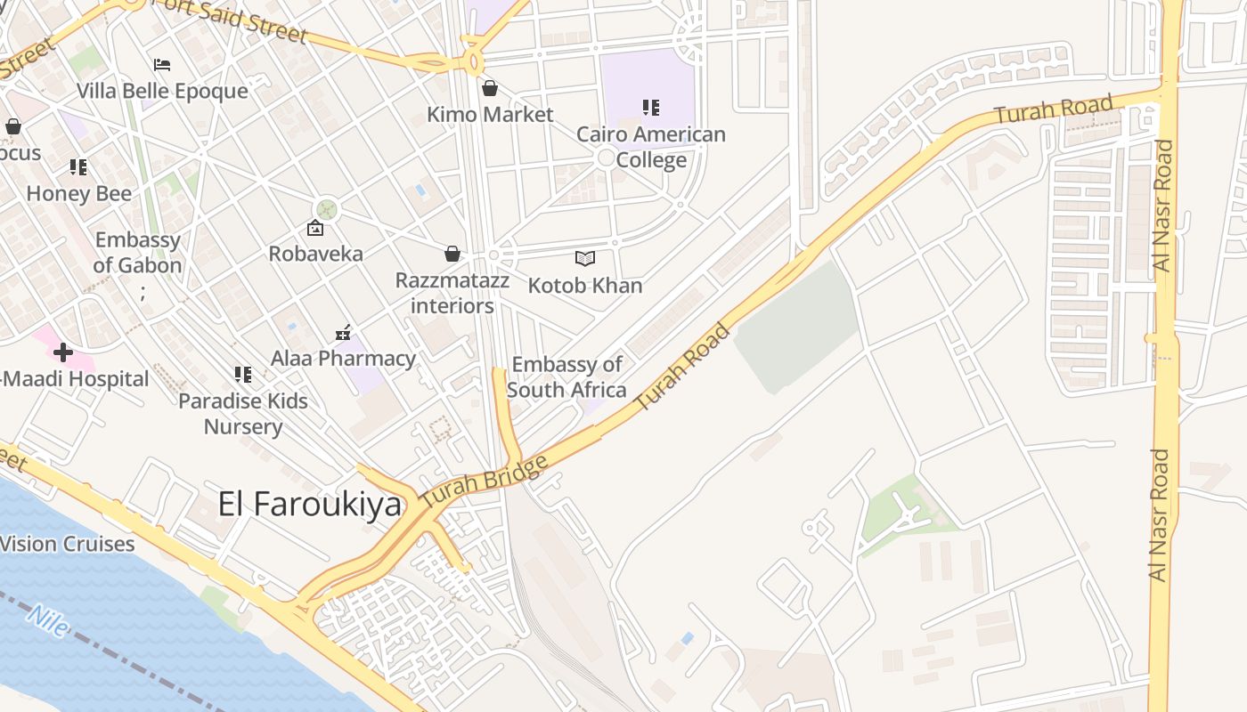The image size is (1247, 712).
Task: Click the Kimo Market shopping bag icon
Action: coord(489,88)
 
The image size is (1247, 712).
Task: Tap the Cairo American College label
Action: coord(651,147)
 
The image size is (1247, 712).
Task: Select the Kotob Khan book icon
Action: coord(584,259)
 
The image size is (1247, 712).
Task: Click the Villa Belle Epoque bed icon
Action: coord(162,65)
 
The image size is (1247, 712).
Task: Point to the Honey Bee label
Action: coord(78,193)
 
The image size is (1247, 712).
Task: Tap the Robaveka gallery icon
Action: coord(315,229)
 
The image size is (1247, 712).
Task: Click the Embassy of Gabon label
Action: coord(138,252)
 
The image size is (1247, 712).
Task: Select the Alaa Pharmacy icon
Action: coord(343,334)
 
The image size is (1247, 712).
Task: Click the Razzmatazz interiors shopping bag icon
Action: coord(452,255)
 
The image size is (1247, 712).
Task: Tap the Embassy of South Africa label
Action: coord(566,376)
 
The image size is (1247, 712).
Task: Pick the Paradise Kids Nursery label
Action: coord(243,413)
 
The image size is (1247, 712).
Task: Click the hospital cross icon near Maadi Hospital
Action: coord(62,352)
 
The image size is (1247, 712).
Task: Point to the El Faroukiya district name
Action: coord(310,505)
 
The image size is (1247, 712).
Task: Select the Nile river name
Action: coord(46,620)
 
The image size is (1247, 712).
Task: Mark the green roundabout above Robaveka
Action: coord(327,209)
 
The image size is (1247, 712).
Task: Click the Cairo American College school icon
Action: coord(651,108)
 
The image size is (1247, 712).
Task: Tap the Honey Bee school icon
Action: coord(78,167)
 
